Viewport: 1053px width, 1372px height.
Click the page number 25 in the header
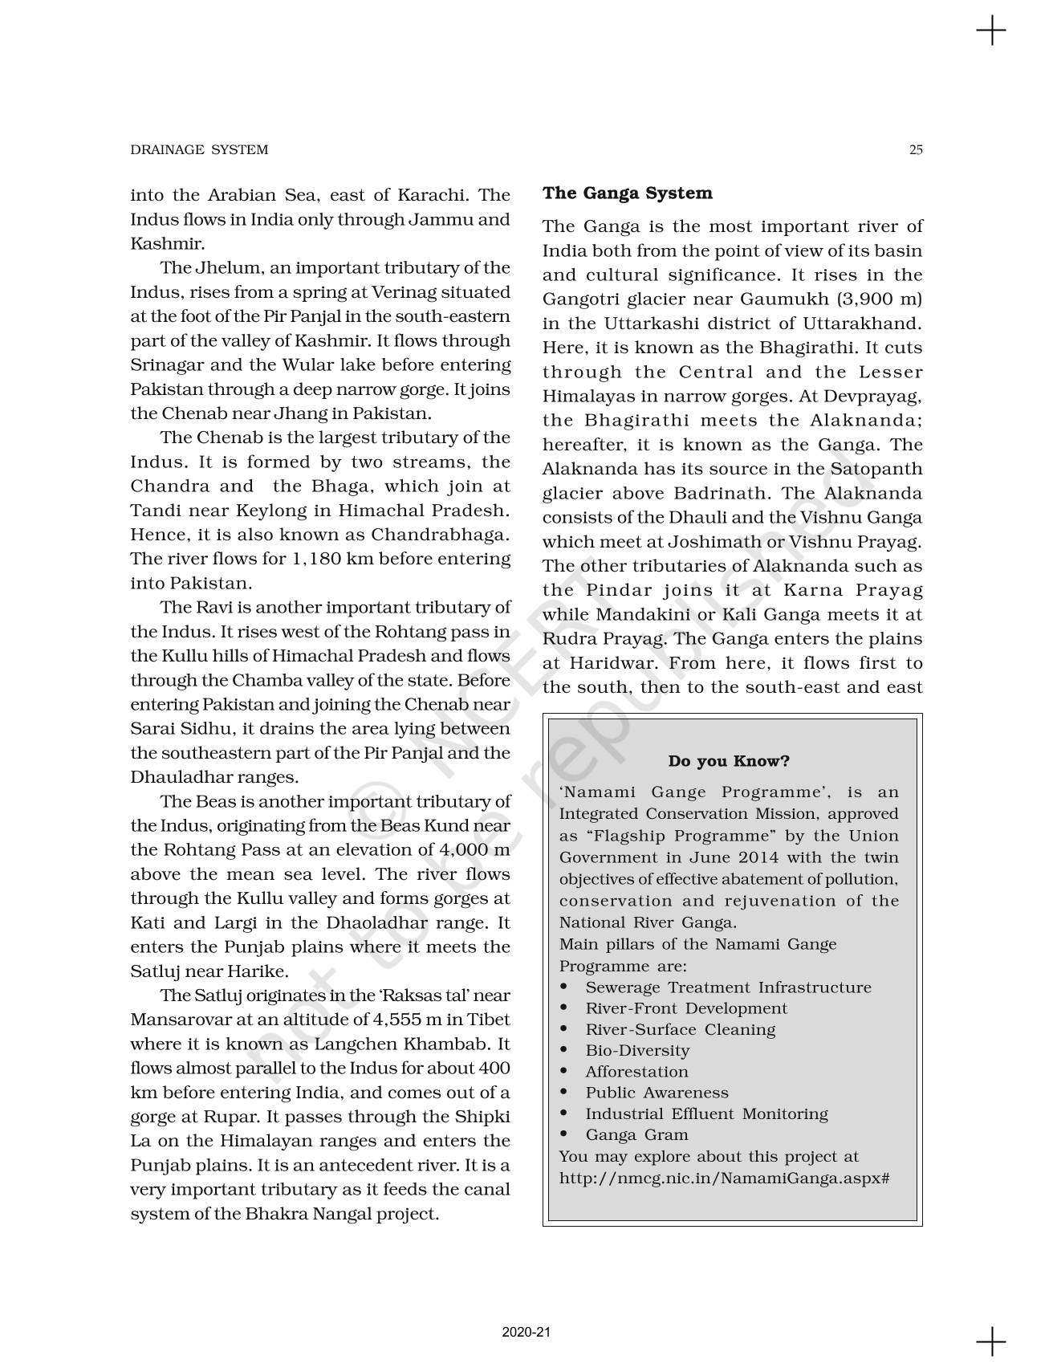916,149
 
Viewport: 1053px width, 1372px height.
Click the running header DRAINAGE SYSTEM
199,149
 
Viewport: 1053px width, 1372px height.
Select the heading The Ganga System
627,193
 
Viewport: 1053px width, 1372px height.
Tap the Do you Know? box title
728,760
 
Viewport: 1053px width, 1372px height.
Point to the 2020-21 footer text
526,1332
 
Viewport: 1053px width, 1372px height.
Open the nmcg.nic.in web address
724,1178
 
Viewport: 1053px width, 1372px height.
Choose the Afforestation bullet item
636,1071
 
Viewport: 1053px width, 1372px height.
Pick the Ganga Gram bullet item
636,1134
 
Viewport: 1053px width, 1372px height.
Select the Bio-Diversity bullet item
637,1050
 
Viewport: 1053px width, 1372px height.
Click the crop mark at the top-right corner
991,31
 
